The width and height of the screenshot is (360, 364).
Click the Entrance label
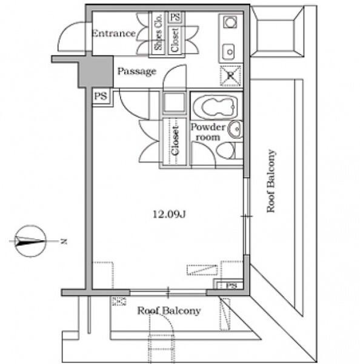pyautogui.click(x=114, y=33)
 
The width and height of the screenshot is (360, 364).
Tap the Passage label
pyautogui.click(x=136, y=71)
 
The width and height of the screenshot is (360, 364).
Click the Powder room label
pyautogui.click(x=208, y=132)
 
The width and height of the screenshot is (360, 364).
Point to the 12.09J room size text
pyautogui.click(x=169, y=214)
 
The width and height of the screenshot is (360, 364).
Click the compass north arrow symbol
pyautogui.click(x=30, y=241)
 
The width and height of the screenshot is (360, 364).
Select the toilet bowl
pyautogui.click(x=225, y=150)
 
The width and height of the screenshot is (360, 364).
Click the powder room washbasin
pyautogui.click(x=235, y=129)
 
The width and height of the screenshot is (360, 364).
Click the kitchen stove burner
pyautogui.click(x=230, y=22)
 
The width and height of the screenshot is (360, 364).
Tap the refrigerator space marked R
pyautogui.click(x=230, y=76)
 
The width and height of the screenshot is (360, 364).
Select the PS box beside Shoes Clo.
pyautogui.click(x=175, y=17)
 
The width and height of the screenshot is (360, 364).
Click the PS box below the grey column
pyautogui.click(x=101, y=96)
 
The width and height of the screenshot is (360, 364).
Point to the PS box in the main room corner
pyautogui.click(x=230, y=285)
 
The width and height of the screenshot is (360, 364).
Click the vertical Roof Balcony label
pyautogui.click(x=271, y=181)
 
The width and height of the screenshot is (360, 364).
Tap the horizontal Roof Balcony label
pyautogui.click(x=169, y=311)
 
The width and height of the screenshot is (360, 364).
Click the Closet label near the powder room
pyautogui.click(x=175, y=141)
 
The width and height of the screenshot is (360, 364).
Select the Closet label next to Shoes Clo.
pyautogui.click(x=175, y=40)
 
